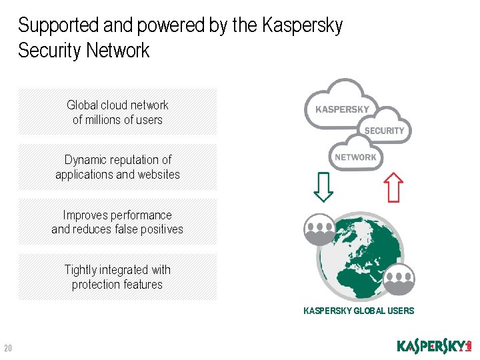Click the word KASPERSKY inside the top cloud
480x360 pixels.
click(x=342, y=109)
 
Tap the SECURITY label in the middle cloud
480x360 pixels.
click(x=384, y=131)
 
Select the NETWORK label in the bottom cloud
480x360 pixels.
click(x=355, y=157)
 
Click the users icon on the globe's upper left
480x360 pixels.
click(x=319, y=229)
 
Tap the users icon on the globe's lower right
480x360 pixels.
click(x=399, y=279)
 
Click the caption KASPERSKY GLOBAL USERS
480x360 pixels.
click(x=359, y=311)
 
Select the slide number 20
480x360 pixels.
click(x=9, y=348)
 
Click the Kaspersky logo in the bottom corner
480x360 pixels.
click(x=434, y=347)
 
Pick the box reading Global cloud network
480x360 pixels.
click(x=117, y=112)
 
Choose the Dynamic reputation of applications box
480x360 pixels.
click(x=117, y=167)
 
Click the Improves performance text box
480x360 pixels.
click(x=117, y=222)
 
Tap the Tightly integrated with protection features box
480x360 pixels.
click(x=117, y=277)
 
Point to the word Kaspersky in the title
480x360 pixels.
click(x=303, y=25)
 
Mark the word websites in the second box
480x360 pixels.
click(x=158, y=175)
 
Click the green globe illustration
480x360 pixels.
click(x=361, y=254)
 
